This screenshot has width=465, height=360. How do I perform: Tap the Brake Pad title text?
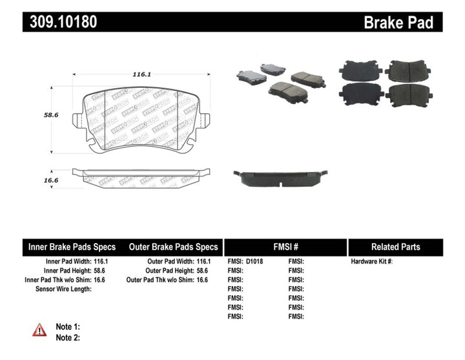(398, 23)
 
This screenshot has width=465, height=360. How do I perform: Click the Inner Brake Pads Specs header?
(72, 247)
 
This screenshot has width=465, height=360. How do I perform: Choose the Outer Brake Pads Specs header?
(173, 247)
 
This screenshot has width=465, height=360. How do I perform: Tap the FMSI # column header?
(285, 247)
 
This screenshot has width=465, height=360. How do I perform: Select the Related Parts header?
(395, 247)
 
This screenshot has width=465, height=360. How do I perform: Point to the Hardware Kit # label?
(371, 262)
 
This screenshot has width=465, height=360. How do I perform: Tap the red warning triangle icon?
(40, 330)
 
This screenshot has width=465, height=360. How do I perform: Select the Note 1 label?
(68, 327)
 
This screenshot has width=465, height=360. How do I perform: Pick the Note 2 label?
(68, 337)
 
